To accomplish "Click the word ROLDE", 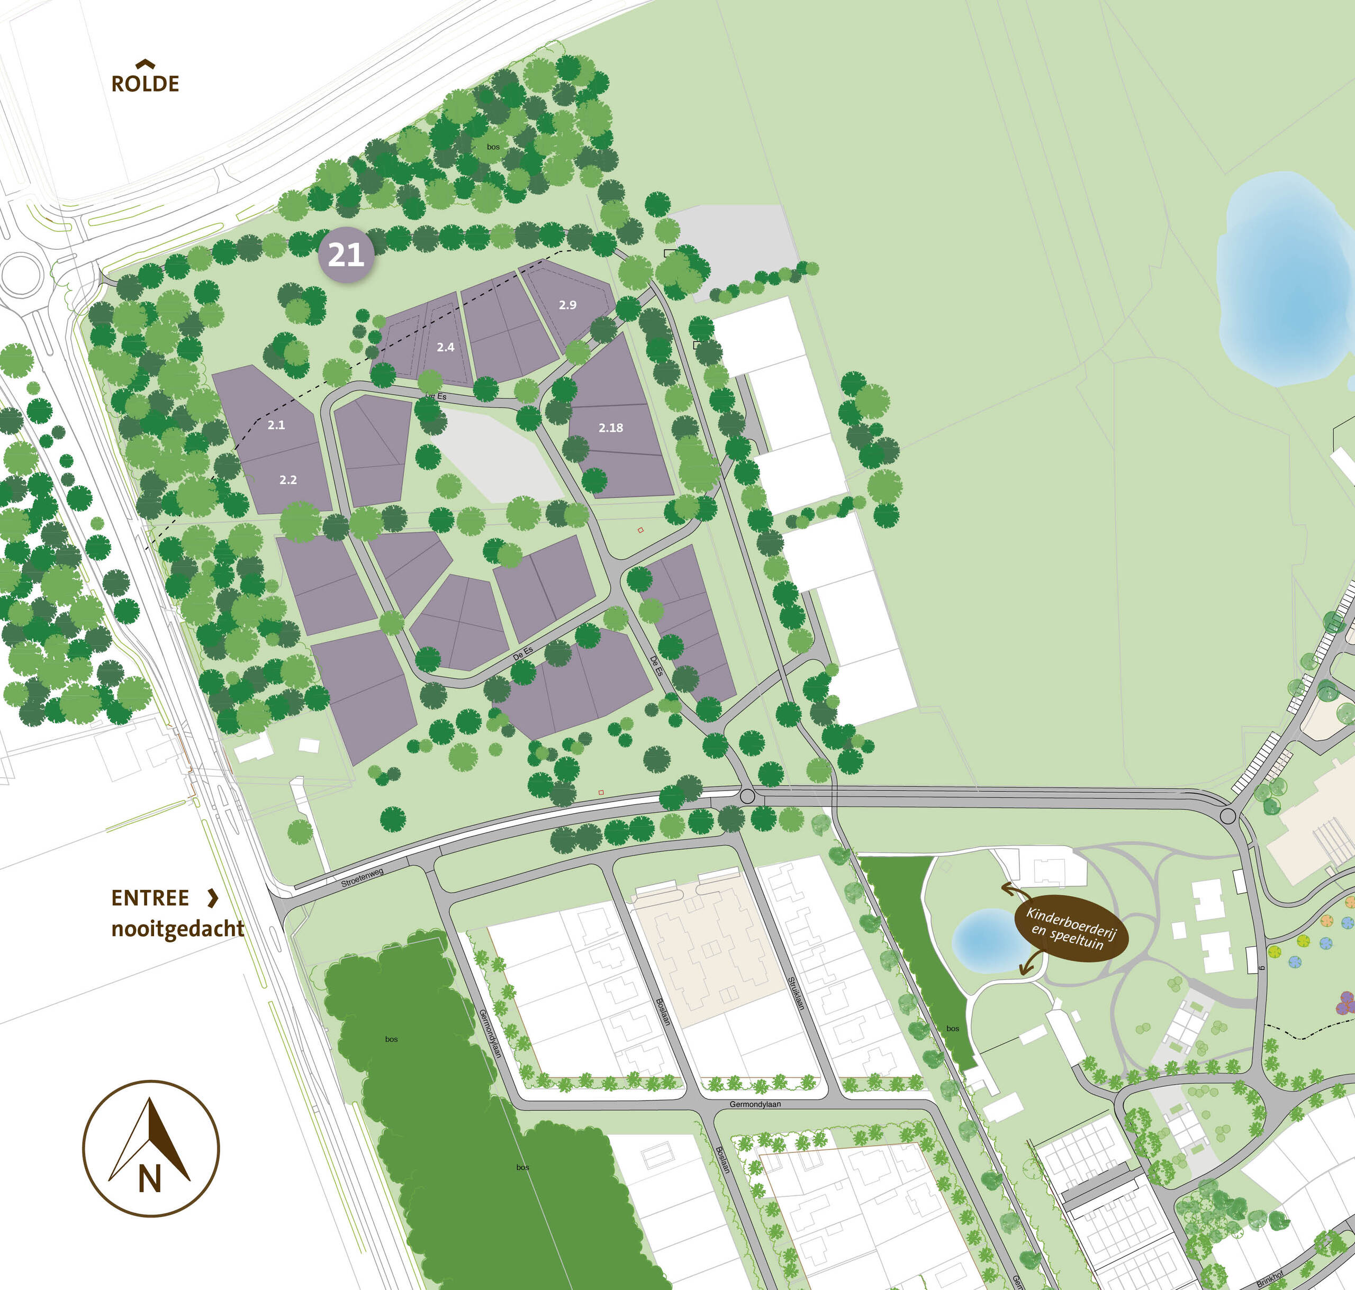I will pos(145,84).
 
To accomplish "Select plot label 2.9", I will pos(567,305).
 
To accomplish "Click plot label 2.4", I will pos(445,347).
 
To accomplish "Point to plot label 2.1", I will pos(276,425).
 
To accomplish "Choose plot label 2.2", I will pos(287,480).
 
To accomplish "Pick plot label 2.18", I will pos(610,428).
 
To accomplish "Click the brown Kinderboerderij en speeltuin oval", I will pos(1071,928).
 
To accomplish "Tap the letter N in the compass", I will pos(149,1180).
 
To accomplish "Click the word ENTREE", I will pos(150,898).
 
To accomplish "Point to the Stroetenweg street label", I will pos(362,877).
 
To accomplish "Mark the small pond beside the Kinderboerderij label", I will pos(985,940).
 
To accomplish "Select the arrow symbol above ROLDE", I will pos(144,64).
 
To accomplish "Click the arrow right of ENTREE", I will pos(213,897).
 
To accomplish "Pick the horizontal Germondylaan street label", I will pos(755,1104).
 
